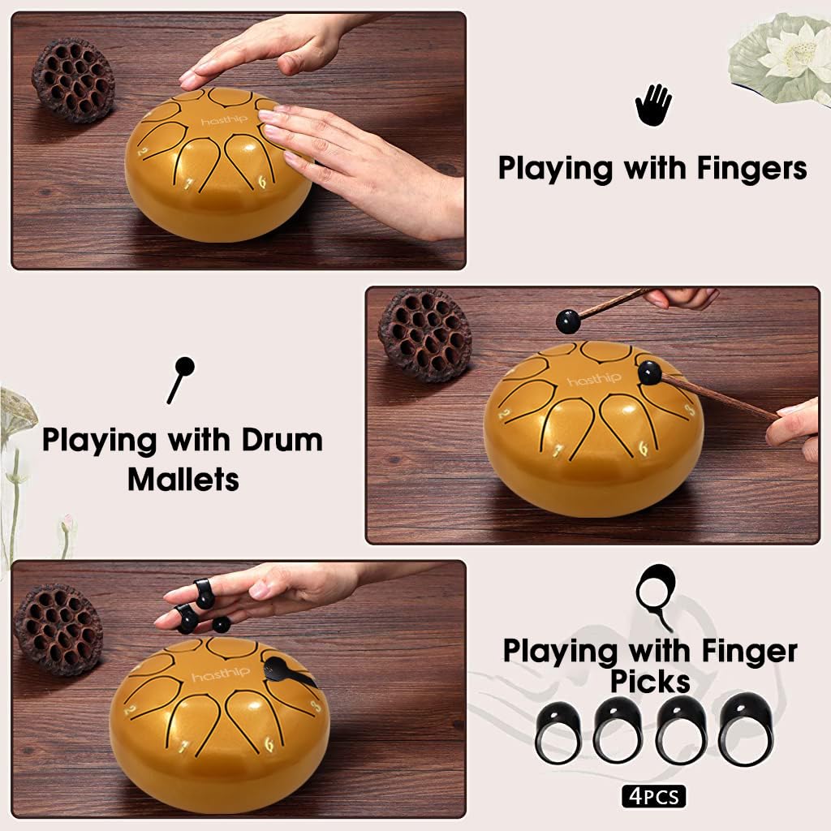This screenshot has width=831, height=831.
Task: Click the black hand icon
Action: click(653, 105)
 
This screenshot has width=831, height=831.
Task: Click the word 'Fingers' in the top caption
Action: click(751, 169)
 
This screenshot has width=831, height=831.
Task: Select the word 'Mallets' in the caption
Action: click(183, 480)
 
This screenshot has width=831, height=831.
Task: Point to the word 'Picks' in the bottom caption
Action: click(650, 682)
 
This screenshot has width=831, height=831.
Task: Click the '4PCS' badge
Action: click(654, 797)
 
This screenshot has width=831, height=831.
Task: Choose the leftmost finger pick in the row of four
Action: click(558, 732)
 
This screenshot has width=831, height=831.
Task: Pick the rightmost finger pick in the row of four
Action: click(746, 729)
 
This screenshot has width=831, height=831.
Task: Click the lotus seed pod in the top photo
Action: click(72, 79)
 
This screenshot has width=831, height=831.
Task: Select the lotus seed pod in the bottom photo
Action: click(58, 629)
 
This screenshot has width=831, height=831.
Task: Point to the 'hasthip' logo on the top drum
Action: click(224, 120)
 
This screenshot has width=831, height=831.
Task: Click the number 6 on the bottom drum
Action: click(269, 745)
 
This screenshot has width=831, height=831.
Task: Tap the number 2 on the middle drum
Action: click(505, 414)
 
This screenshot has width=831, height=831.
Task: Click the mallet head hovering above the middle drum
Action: click(567, 321)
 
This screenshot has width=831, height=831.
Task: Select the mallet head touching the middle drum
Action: click(650, 372)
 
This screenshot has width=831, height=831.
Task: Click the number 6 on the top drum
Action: click(262, 182)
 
